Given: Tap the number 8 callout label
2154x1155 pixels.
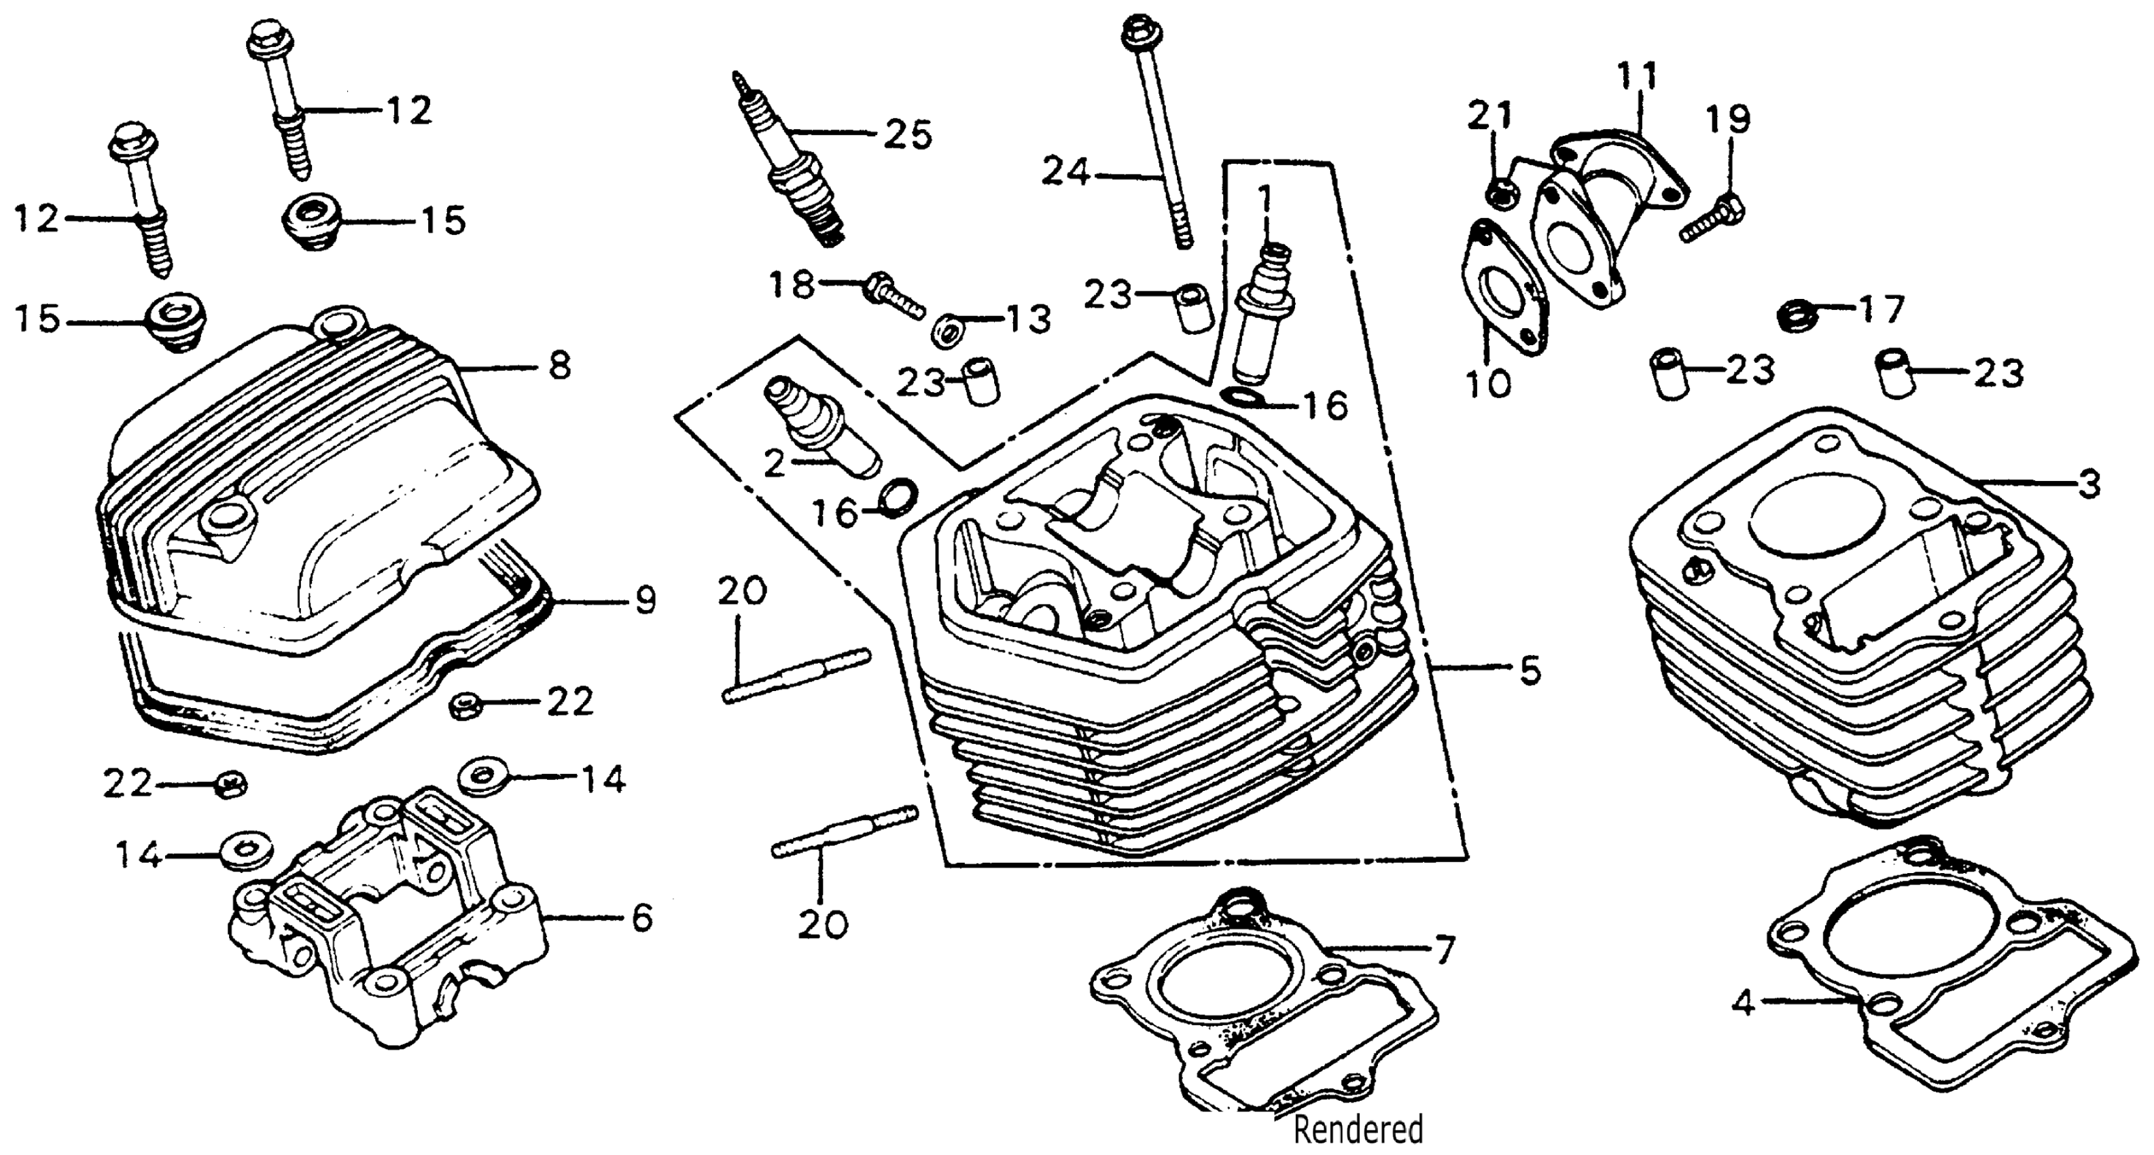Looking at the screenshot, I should click(x=560, y=366).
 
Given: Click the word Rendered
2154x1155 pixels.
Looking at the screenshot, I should click(x=1358, y=1129).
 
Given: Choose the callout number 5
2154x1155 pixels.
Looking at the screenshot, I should click(x=1530, y=670).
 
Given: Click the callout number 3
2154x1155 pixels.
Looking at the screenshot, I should click(x=2089, y=484).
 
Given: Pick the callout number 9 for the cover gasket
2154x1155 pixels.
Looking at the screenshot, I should click(x=645, y=601).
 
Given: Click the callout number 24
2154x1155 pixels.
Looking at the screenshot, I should click(x=1065, y=174).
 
